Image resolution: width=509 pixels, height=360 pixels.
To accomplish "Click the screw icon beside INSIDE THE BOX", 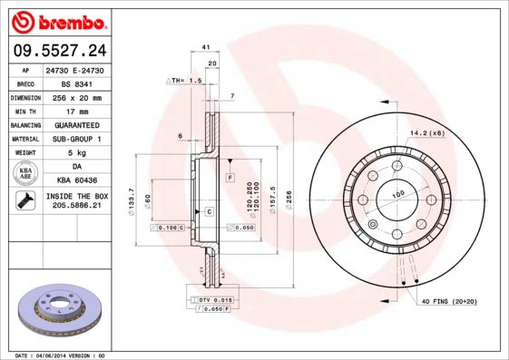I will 23,201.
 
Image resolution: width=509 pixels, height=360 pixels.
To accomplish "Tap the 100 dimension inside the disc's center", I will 397,194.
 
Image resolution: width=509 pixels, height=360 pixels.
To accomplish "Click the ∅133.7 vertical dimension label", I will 132,199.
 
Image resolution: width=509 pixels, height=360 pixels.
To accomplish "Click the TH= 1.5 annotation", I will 185,81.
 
